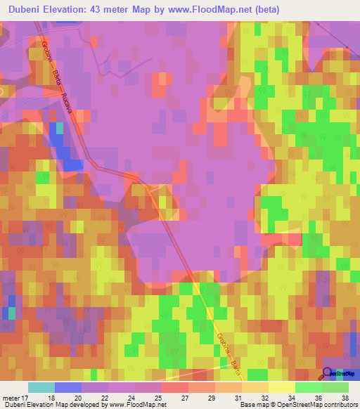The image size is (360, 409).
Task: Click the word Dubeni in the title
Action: pyautogui.click(x=23, y=10)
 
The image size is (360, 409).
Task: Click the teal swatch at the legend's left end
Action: pyautogui.click(x=41, y=387)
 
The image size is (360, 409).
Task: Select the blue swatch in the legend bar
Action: pyautogui.click(x=68, y=387)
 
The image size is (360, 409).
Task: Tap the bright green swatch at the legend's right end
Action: pyautogui.click(x=335, y=387)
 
